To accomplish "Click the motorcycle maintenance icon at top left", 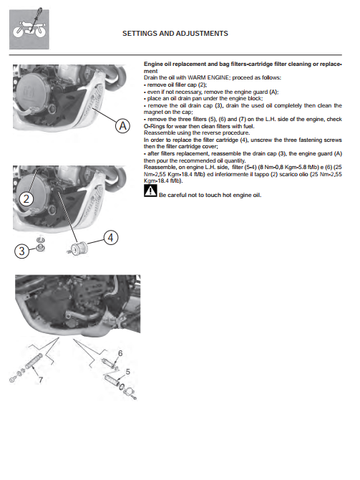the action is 29,29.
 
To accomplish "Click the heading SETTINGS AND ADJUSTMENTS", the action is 175,34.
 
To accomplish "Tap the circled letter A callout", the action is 122,126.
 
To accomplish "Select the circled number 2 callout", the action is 26,199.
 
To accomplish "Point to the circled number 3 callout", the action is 21,251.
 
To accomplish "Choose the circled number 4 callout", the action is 111,238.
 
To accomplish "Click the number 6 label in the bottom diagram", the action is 120,353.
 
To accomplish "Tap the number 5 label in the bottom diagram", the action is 128,372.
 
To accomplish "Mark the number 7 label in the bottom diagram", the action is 41,380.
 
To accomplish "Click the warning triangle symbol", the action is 150,191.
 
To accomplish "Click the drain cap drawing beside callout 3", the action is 40,244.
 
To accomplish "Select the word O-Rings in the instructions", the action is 155,126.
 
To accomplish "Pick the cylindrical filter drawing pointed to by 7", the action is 34,361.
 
